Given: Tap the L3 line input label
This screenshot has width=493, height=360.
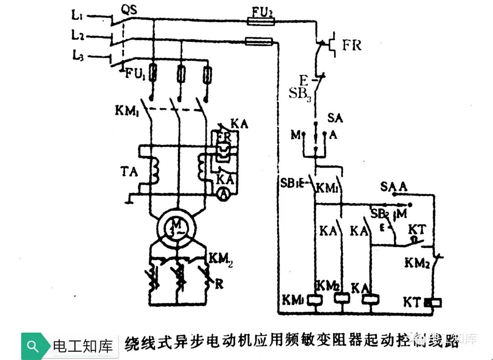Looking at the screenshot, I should tap(77, 56).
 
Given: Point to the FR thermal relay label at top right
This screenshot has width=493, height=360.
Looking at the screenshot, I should tap(352, 45).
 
